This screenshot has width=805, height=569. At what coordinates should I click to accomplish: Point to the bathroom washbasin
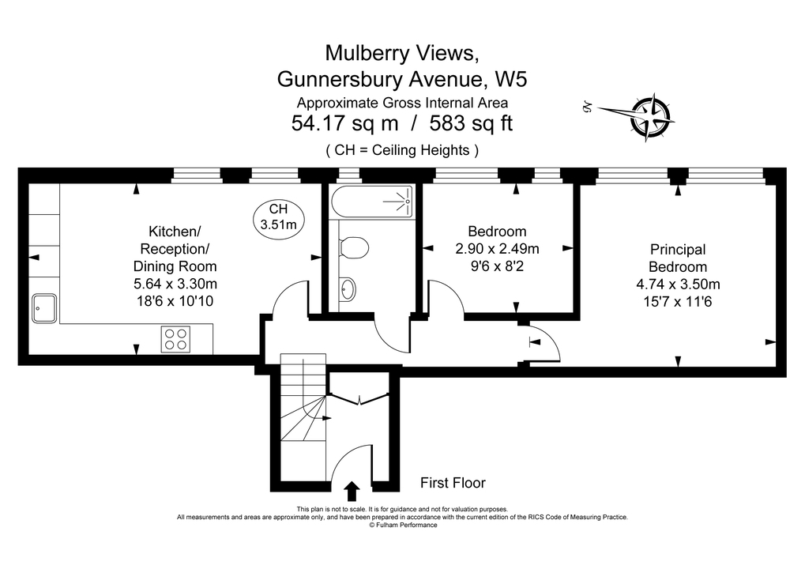pos(347,290)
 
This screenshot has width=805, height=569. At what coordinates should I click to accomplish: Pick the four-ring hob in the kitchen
pos(175,339)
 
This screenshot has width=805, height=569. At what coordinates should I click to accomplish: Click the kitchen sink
pos(44,307)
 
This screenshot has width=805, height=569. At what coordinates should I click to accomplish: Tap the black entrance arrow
pos(352,490)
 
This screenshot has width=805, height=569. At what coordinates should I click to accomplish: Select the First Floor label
pos(453,483)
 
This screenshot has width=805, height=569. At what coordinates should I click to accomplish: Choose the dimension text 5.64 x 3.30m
pos(175,284)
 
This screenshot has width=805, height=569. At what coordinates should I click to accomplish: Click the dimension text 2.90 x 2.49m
pos(497,249)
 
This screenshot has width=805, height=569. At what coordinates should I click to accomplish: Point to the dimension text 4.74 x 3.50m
pos(678,284)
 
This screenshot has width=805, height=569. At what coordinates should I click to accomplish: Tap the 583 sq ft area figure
pos(472,124)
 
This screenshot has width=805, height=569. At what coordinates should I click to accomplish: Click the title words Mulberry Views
pos(402,53)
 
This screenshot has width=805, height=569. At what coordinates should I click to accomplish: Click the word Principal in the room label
pos(678,249)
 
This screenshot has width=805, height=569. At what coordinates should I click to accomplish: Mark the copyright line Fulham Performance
pos(403,525)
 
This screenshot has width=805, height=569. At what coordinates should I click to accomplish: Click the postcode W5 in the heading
pos(510,79)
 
